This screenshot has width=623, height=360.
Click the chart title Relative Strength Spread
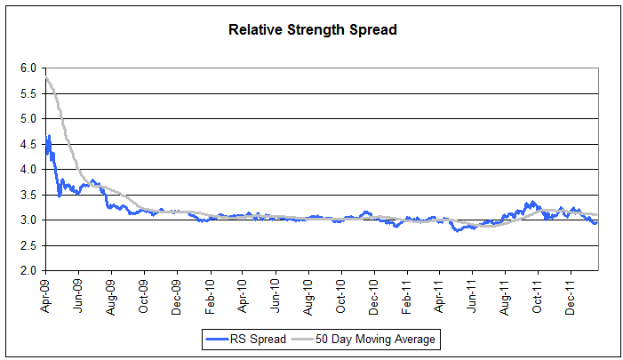312,29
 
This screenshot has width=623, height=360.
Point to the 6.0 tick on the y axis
28,68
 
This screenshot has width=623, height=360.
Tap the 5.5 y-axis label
28,93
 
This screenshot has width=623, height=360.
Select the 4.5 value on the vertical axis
28,144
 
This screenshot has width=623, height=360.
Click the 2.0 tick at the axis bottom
28,270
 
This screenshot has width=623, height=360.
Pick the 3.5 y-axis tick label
28,195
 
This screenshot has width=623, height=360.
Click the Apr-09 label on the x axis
45,293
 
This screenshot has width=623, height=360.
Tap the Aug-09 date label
111,293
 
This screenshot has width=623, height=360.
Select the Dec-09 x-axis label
177,293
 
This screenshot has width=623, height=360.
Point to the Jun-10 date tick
276,293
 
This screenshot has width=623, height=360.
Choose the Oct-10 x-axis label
341,293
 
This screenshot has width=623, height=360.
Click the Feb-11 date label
407,293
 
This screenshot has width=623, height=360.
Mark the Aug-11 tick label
505,293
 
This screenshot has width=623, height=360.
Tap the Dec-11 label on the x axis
571,293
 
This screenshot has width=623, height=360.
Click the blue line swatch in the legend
218,339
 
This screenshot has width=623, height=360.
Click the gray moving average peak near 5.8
46,78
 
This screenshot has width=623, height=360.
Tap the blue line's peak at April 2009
49,136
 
